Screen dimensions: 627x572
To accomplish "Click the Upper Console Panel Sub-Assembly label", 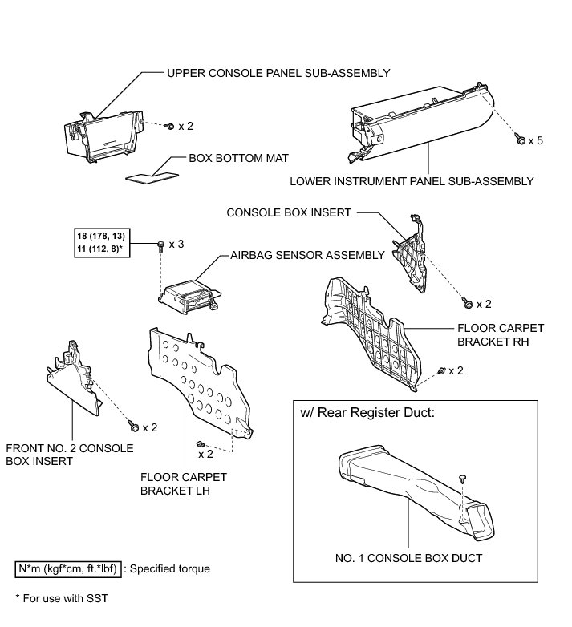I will (x=278, y=73).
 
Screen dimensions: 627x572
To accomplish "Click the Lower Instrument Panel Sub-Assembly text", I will (x=412, y=181).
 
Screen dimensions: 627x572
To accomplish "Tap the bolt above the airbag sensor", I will (x=161, y=243).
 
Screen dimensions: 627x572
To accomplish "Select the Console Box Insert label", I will (x=290, y=213).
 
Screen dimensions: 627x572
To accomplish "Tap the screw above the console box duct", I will (x=464, y=478).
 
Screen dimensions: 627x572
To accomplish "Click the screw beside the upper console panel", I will (x=171, y=126).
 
